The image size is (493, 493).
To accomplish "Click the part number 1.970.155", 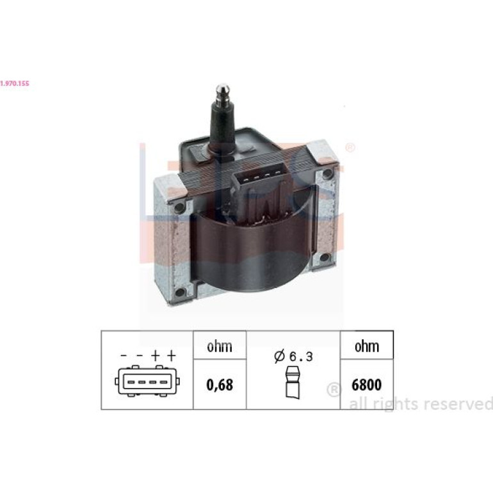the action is pyautogui.click(x=15, y=83).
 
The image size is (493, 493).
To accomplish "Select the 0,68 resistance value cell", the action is pyautogui.click(x=220, y=385).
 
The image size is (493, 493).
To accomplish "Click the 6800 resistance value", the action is pyautogui.click(x=367, y=385).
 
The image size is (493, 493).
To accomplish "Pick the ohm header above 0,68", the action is pyautogui.click(x=220, y=346).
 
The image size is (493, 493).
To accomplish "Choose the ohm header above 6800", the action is pyautogui.click(x=367, y=346).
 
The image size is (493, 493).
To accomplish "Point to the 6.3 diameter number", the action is pyautogui.click(x=301, y=357).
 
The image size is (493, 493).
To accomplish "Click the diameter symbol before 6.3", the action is pyautogui.click(x=279, y=356).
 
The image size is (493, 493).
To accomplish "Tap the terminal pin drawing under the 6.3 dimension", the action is pyautogui.click(x=293, y=383).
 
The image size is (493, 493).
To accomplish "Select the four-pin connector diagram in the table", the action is pyautogui.click(x=147, y=381).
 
